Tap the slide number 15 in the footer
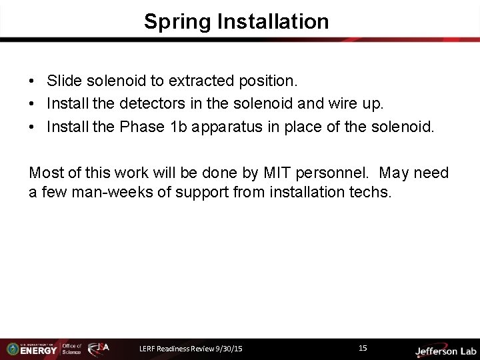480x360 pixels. tap(363, 348)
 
